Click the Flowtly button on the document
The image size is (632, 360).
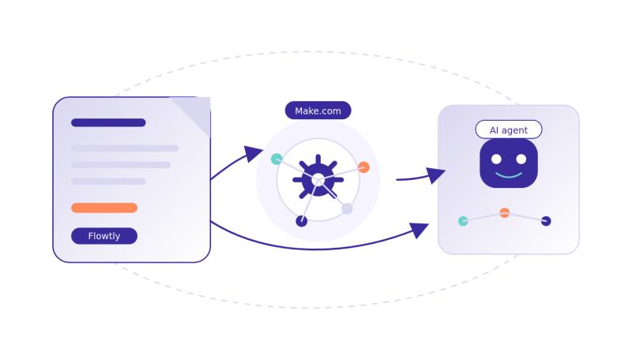coord(104,236)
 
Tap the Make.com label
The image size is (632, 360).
coord(318,111)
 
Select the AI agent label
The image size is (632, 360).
coord(509,129)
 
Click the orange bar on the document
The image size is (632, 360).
coord(104,208)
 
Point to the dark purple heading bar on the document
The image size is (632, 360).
coord(108,122)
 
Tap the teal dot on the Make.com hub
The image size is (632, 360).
coord(276,159)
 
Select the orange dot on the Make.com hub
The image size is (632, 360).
coord(363,167)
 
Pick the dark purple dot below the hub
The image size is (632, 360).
coord(301,221)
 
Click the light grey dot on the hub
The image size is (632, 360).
coord(347,208)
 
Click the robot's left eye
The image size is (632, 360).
coord(496,158)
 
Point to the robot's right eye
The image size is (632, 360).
coord(521,158)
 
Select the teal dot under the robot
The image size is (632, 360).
coord(463,221)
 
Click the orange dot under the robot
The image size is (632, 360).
coord(504,212)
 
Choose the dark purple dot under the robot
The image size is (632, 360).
coord(546,221)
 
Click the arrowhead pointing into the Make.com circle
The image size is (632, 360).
coord(254,153)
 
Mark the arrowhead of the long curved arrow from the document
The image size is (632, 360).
coord(419,230)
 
